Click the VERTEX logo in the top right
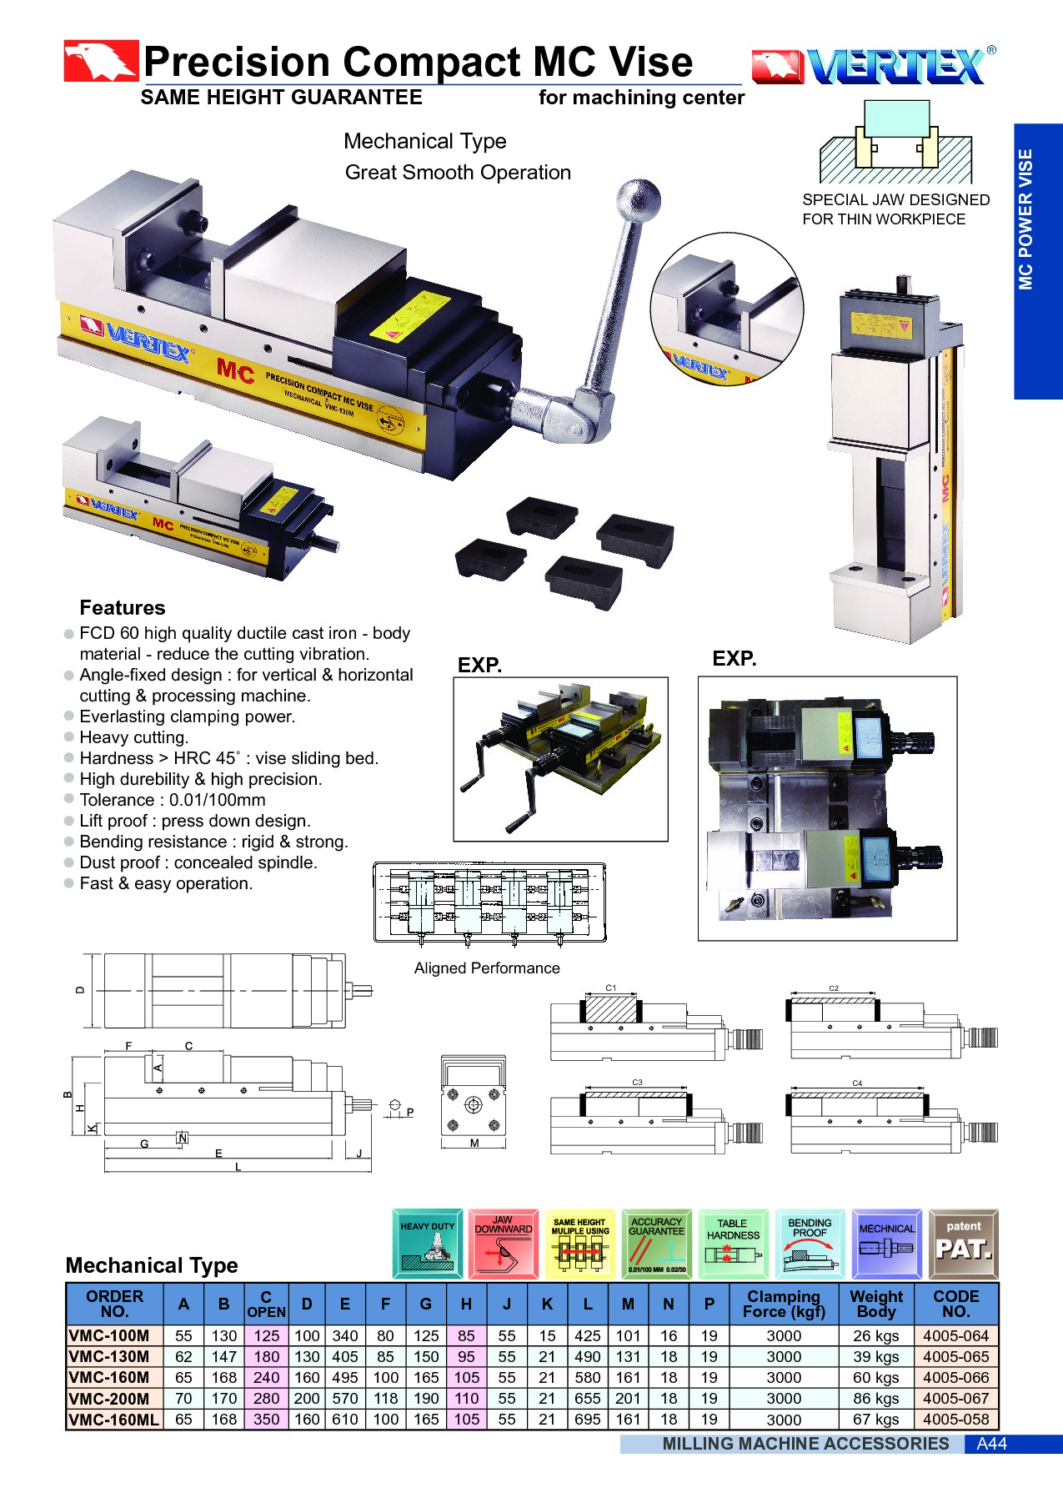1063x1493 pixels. click(x=873, y=66)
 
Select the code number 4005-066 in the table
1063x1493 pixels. click(x=955, y=1378)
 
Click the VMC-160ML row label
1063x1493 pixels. click(x=113, y=1420)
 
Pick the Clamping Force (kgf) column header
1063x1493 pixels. click(x=784, y=1304)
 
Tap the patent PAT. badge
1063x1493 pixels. click(x=963, y=1244)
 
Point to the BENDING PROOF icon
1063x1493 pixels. click(x=810, y=1244)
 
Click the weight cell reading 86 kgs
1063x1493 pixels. click(x=875, y=1399)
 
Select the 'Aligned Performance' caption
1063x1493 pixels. click(x=487, y=968)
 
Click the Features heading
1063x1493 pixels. click(x=123, y=608)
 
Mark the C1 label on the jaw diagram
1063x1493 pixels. click(x=611, y=988)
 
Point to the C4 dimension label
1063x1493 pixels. click(x=857, y=1083)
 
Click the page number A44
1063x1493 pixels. click(x=991, y=1444)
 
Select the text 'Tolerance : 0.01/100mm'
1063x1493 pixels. click(x=173, y=800)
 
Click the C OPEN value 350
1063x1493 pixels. click(x=267, y=1420)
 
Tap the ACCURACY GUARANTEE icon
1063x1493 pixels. click(x=657, y=1244)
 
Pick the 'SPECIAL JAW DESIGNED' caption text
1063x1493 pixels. click(x=895, y=200)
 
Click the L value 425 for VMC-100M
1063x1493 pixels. click(x=587, y=1336)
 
